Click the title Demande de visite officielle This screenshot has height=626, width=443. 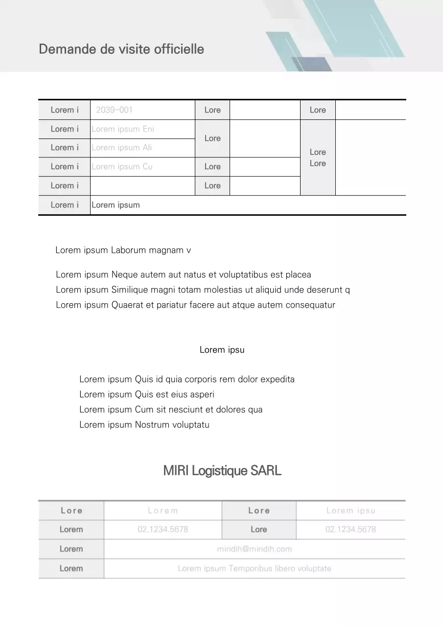pos(121,49)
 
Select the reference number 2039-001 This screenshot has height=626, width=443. pos(114,110)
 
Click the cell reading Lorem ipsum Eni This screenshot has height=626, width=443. pos(123,129)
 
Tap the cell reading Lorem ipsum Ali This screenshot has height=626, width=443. pos(122,148)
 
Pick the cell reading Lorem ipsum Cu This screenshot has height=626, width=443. pos(122,167)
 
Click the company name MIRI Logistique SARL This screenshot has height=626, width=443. pos(222,471)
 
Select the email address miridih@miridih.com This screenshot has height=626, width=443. pos(255,549)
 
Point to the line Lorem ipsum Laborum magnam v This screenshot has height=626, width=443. pos(123,250)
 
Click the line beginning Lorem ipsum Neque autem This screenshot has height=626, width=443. pos(184,275)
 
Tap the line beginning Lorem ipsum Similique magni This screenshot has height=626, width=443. pos(203,290)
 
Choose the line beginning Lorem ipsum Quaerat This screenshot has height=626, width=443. pos(195,305)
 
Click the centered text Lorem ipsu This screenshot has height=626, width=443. pos(222,350)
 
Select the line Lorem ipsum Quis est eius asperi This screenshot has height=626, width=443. pos(147,395)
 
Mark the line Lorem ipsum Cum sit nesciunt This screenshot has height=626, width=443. pos(171,410)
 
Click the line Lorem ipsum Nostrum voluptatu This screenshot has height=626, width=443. pos(144,425)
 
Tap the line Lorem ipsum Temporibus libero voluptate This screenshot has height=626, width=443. pos(255,568)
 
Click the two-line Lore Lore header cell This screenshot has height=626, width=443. pos(318,157)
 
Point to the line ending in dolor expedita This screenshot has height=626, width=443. pos(187,380)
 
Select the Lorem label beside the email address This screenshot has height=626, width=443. pos(71,549)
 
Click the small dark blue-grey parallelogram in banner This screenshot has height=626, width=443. pos(311,64)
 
